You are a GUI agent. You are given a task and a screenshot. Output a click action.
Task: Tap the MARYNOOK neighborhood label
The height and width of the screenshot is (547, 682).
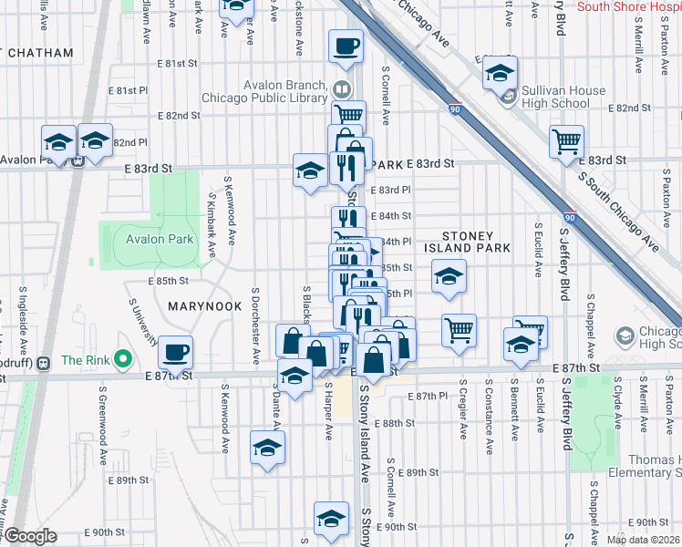203,307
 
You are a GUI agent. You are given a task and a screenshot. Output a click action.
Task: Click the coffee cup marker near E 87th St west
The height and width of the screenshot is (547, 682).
175,351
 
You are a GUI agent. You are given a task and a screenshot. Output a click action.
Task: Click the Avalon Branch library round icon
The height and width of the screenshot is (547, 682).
341,88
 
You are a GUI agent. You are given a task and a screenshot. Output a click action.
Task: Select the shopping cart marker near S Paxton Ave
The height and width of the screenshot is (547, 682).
566,140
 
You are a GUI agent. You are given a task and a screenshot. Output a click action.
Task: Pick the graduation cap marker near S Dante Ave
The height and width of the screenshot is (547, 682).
267,446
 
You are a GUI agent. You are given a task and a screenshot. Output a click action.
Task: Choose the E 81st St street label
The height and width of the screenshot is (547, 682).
177,64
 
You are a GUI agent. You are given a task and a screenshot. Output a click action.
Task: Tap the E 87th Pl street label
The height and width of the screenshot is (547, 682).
429,397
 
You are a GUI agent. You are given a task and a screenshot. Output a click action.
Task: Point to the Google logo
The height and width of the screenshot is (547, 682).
30,536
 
